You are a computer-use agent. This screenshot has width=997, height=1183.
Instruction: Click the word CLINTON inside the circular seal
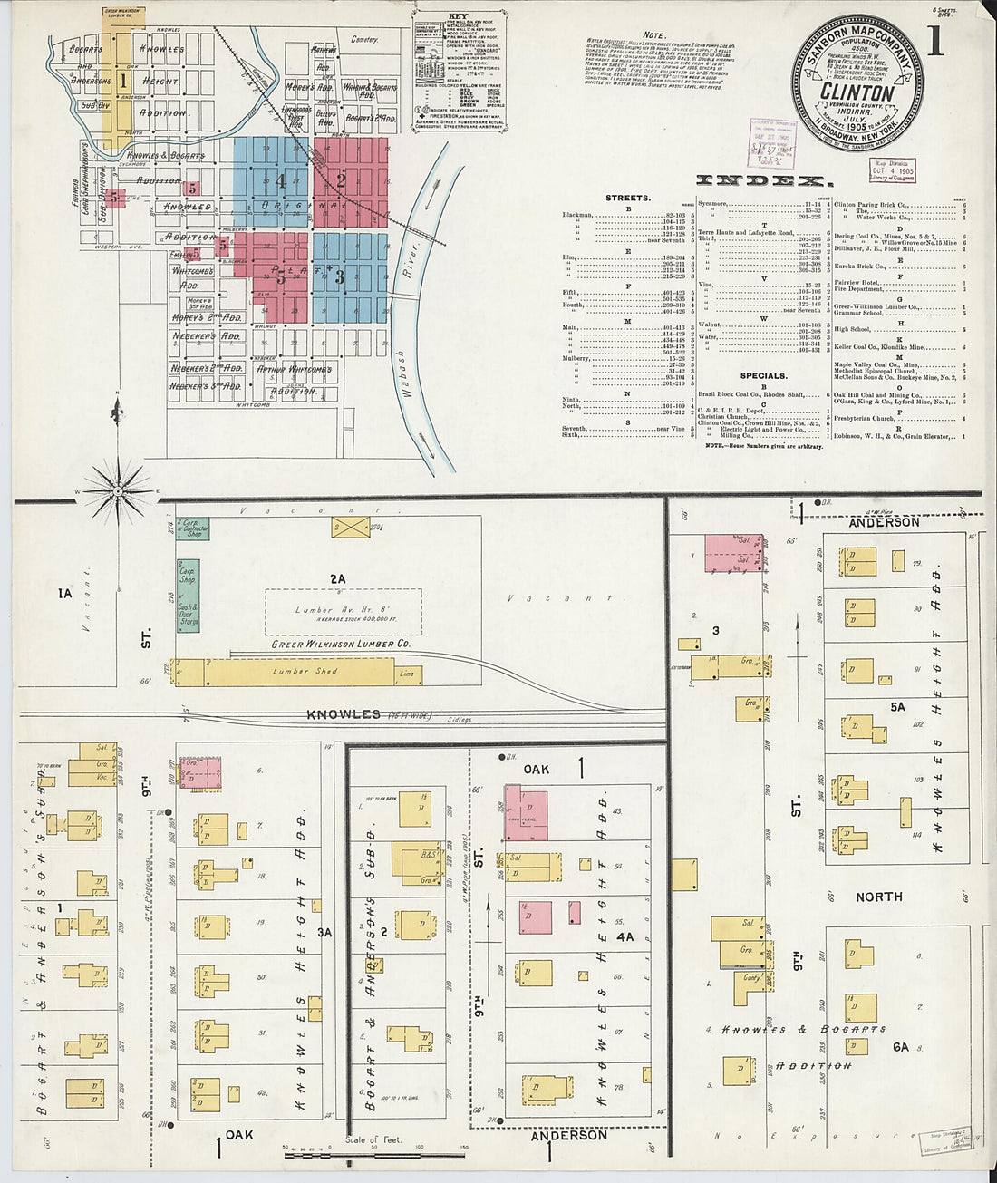click(x=857, y=92)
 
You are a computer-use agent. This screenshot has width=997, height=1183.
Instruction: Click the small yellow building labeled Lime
click(x=408, y=673)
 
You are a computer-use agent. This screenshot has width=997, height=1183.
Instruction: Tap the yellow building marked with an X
click(x=350, y=528)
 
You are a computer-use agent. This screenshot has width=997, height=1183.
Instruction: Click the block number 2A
click(x=337, y=578)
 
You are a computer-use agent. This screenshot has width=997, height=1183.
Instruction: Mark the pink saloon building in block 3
click(x=732, y=553)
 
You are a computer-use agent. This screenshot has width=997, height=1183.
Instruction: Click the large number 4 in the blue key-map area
click(x=281, y=181)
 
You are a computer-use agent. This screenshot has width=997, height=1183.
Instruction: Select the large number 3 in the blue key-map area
click(x=340, y=277)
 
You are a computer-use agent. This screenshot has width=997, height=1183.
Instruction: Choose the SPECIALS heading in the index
click(x=763, y=375)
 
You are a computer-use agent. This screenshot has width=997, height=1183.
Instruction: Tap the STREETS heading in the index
click(x=627, y=198)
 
